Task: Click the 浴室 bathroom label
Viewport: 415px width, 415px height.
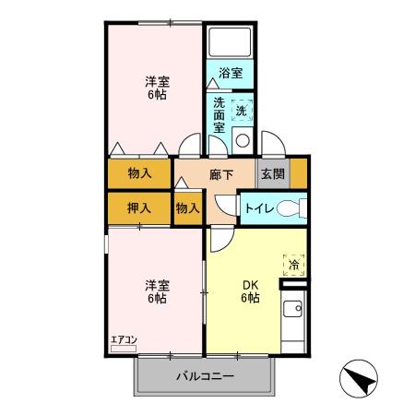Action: pyautogui.click(x=231, y=73)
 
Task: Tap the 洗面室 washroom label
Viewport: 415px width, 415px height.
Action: pyautogui.click(x=219, y=115)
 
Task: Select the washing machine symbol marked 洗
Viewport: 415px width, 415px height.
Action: pyautogui.click(x=242, y=110)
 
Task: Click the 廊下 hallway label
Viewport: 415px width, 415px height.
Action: pyautogui.click(x=221, y=173)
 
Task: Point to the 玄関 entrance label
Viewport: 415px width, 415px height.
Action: pyautogui.click(x=271, y=173)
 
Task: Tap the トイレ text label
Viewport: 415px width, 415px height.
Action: pyautogui.click(x=257, y=208)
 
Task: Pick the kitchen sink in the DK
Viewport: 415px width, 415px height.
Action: pyautogui.click(x=294, y=309)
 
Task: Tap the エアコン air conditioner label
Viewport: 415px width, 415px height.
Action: pyautogui.click(x=123, y=340)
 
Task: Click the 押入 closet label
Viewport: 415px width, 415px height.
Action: pyautogui.click(x=139, y=208)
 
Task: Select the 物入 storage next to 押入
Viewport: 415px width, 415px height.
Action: pyautogui.click(x=187, y=208)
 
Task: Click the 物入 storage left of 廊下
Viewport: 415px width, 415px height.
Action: pyautogui.click(x=139, y=173)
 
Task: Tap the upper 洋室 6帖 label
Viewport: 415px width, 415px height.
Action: pyautogui.click(x=154, y=88)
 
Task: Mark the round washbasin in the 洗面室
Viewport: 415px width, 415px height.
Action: pyautogui.click(x=243, y=140)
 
